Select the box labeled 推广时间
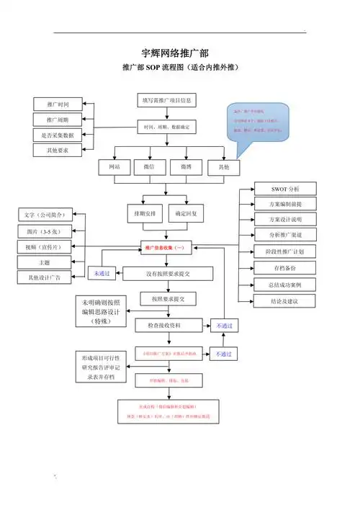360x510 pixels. coord(58,104)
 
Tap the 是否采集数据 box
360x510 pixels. coord(58,135)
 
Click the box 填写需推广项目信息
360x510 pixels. coord(166,100)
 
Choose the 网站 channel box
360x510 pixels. coord(114,167)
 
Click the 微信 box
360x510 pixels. coord(149,167)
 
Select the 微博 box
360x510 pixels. coord(186,167)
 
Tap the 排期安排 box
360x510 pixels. coord(145,214)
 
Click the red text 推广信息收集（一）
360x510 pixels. coord(166,248)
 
